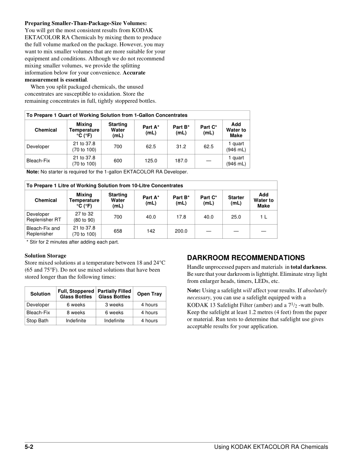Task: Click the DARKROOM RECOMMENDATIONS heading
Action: pyautogui.click(x=246, y=258)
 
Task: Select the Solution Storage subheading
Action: pyautogui.click(x=45, y=256)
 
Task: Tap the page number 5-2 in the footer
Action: pyautogui.click(x=29, y=447)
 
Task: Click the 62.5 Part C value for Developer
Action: pyautogui.click(x=208, y=147)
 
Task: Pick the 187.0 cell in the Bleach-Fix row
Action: pyautogui.click(x=181, y=161)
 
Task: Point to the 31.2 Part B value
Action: pyautogui.click(x=181, y=147)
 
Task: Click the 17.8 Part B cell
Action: pyautogui.click(x=181, y=217)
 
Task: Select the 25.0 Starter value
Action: pyautogui.click(x=236, y=217)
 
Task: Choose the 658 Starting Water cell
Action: pyautogui.click(x=118, y=231)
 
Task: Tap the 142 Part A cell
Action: pyautogui.click(x=151, y=231)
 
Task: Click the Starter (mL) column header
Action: pyautogui.click(x=236, y=200)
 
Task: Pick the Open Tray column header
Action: pyautogui.click(x=150, y=294)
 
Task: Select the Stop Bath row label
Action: pyautogui.click(x=37, y=321)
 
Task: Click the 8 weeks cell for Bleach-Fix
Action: pyautogui.click(x=76, y=313)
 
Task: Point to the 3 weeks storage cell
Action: pyautogui.click(x=114, y=305)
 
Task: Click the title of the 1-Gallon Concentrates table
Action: pyautogui.click(x=107, y=115)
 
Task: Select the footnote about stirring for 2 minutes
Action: pyautogui.click(x=73, y=242)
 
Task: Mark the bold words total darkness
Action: pyautogui.click(x=308, y=267)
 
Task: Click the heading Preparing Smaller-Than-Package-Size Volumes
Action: pyautogui.click(x=86, y=23)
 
